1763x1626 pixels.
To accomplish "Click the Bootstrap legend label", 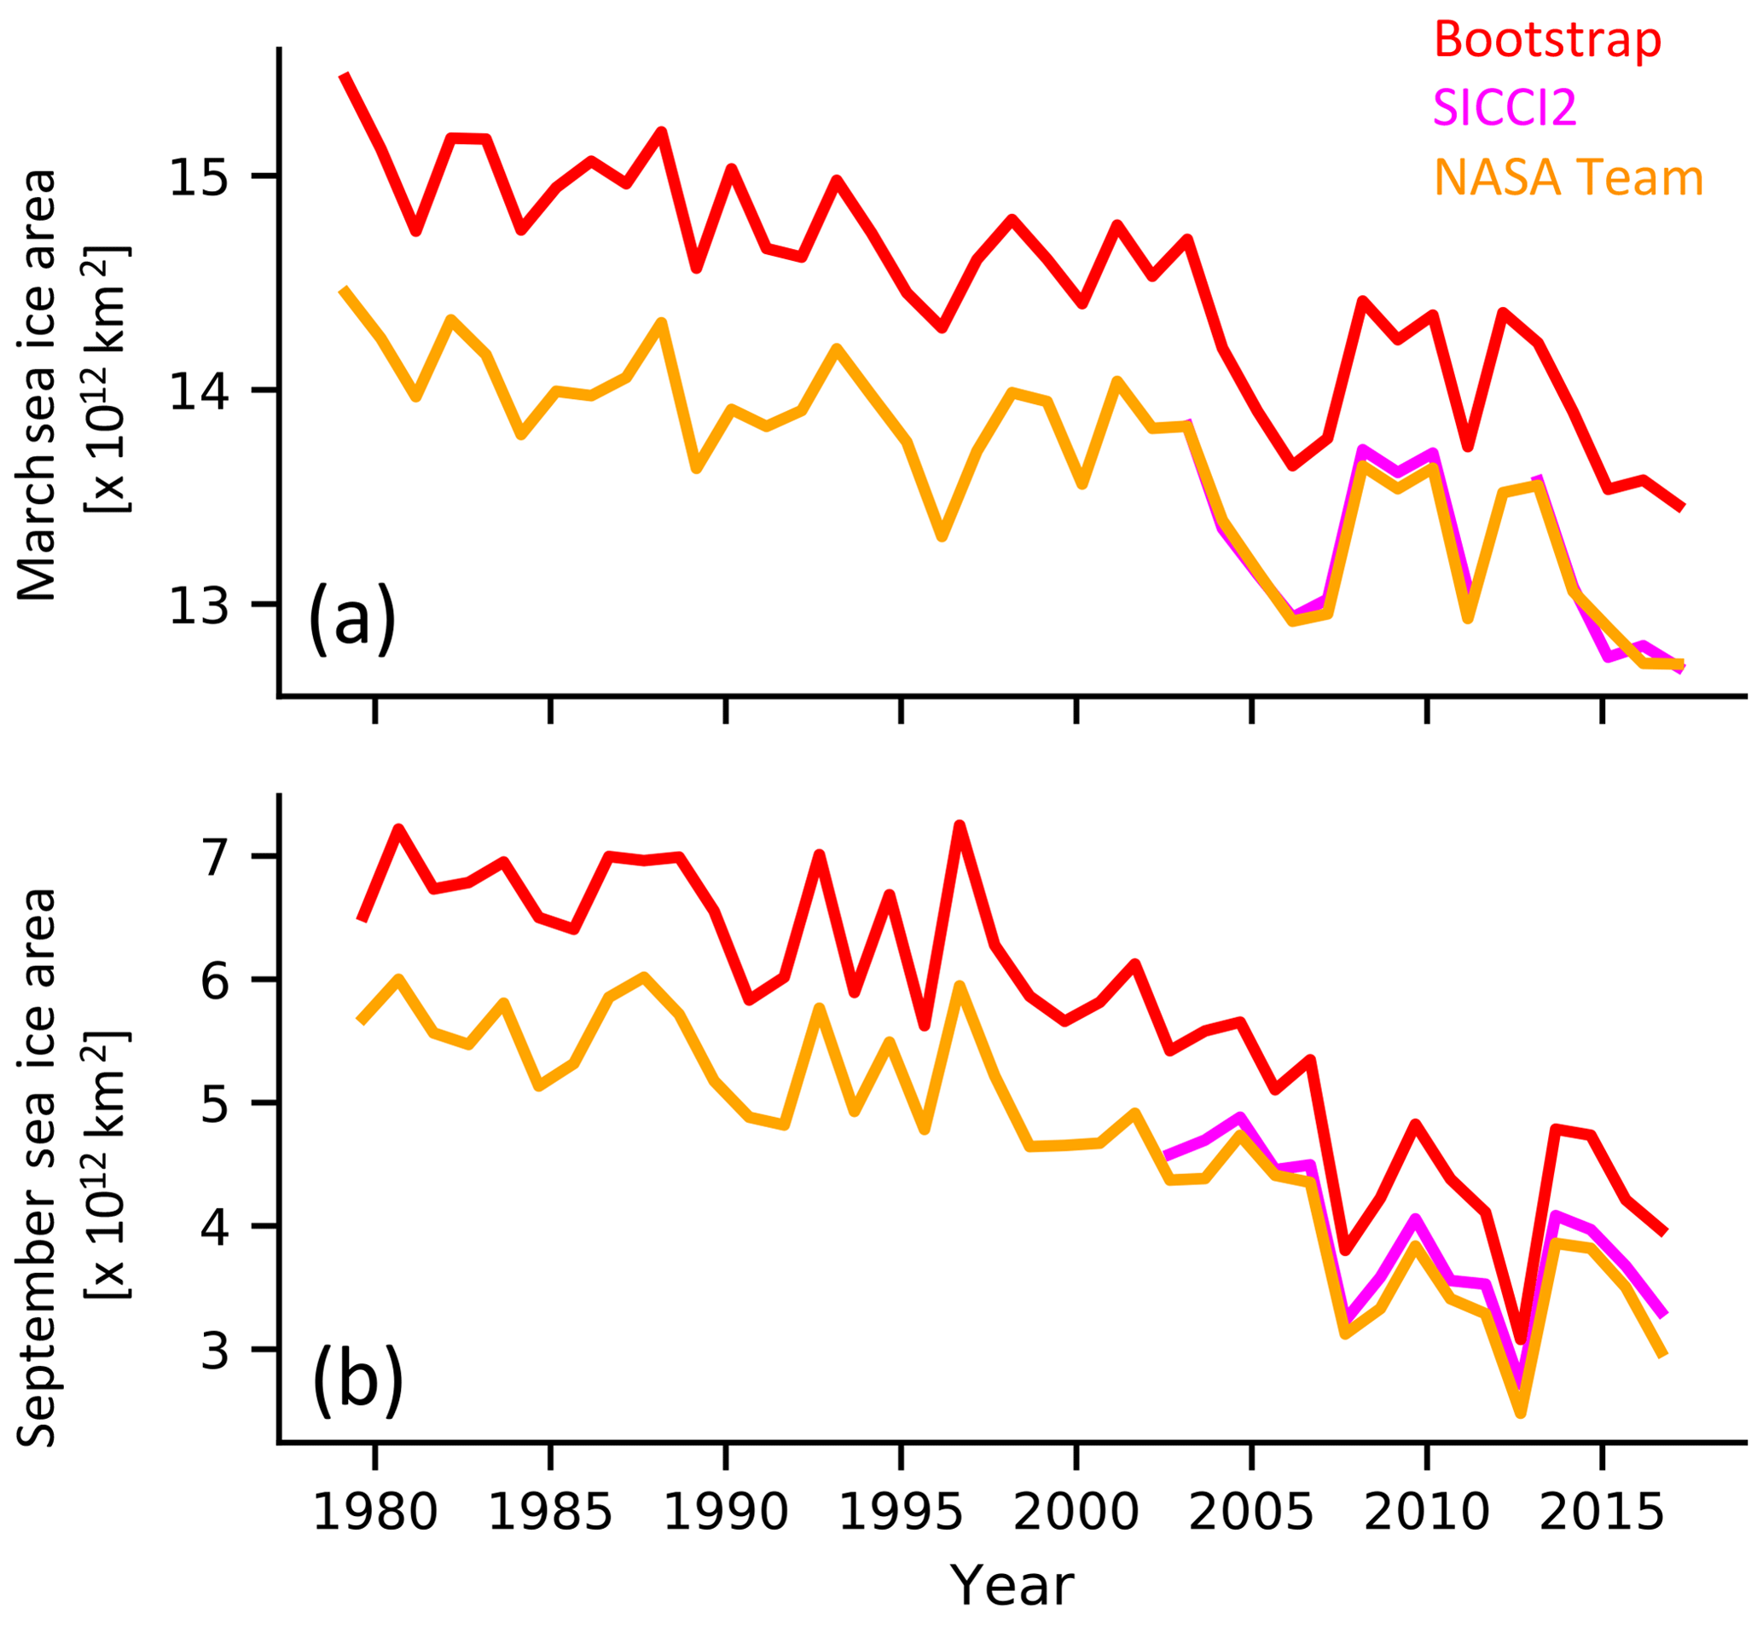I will coord(1547,39).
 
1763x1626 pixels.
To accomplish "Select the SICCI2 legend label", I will coord(1505,108).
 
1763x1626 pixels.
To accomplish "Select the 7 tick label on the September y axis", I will coord(215,858).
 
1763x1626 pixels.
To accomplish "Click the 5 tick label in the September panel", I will coord(215,1104).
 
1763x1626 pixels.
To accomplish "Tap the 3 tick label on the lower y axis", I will coord(215,1351).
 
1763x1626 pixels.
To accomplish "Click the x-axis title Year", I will coord(1012,1587).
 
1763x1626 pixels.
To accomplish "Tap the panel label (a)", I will coord(352,618).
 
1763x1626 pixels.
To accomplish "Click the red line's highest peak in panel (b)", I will coord(960,825).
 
